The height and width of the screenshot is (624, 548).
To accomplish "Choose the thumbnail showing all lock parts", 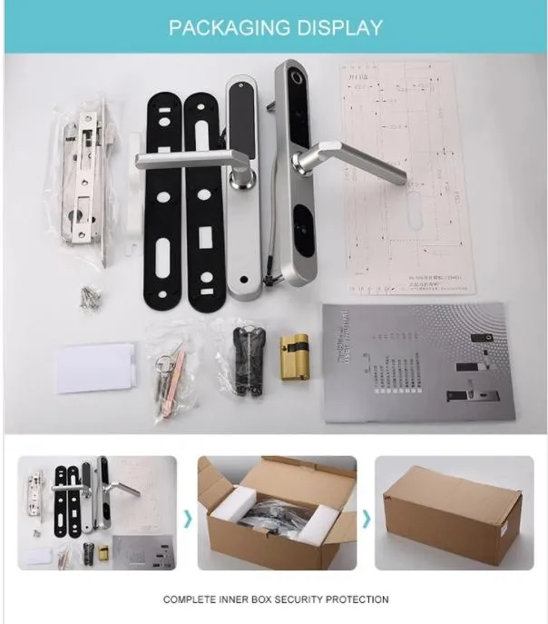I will pyautogui.click(x=96, y=513).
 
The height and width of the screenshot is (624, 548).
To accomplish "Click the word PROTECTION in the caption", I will pyautogui.click(x=356, y=599).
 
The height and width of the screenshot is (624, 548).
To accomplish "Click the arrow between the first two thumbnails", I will pyautogui.click(x=189, y=518).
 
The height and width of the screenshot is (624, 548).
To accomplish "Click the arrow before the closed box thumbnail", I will pyautogui.click(x=367, y=518).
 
